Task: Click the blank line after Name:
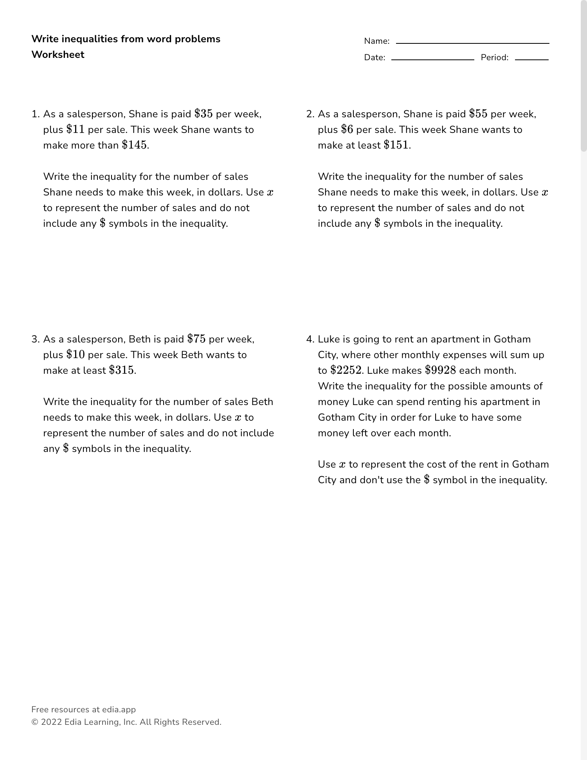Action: pos(472,43)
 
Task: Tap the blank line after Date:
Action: pos(432,59)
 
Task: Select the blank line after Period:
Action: pos(531,59)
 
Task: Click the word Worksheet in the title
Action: pos(58,55)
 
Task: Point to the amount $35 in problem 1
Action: pos(203,114)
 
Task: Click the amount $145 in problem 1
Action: pos(135,145)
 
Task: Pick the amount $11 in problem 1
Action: pos(76,129)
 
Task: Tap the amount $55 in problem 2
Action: pos(478,114)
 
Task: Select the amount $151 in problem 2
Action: pos(396,145)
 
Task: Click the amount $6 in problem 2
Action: pos(347,129)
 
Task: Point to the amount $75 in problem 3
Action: pos(196,339)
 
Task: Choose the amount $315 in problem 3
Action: pos(121,370)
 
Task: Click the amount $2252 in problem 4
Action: pos(346,370)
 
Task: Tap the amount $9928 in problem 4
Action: pos(440,370)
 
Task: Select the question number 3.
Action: pos(35,339)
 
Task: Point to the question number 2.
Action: pos(310,114)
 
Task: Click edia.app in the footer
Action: pos(119,710)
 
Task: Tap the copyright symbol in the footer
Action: pos(34,722)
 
